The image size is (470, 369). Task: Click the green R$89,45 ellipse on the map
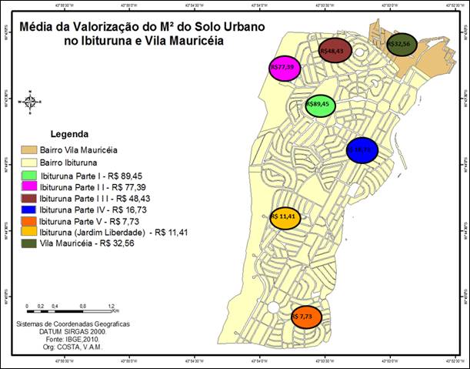320,104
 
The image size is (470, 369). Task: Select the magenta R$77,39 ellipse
284,68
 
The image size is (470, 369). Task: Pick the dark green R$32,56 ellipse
401,45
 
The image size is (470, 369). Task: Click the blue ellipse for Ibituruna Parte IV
362,150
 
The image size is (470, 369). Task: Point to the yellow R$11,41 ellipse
284,217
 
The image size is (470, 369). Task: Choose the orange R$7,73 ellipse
306,317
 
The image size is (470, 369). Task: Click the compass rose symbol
30,100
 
